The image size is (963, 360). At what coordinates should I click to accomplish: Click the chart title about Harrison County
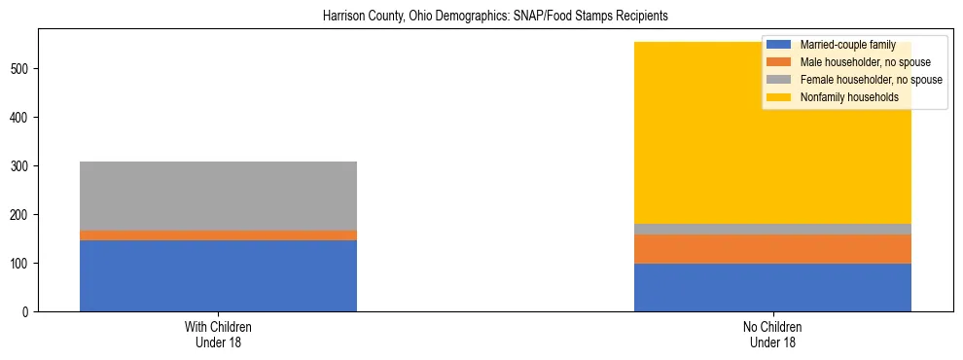pyautogui.click(x=481, y=17)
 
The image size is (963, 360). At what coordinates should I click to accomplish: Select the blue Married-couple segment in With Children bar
pyautogui.click(x=218, y=275)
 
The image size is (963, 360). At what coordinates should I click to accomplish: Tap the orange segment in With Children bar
pyautogui.click(x=218, y=235)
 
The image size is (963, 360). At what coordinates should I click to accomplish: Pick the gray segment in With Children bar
pyautogui.click(x=218, y=196)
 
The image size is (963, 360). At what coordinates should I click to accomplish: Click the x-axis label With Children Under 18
pyautogui.click(x=218, y=334)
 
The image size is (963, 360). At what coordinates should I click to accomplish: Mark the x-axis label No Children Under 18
pyautogui.click(x=772, y=334)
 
